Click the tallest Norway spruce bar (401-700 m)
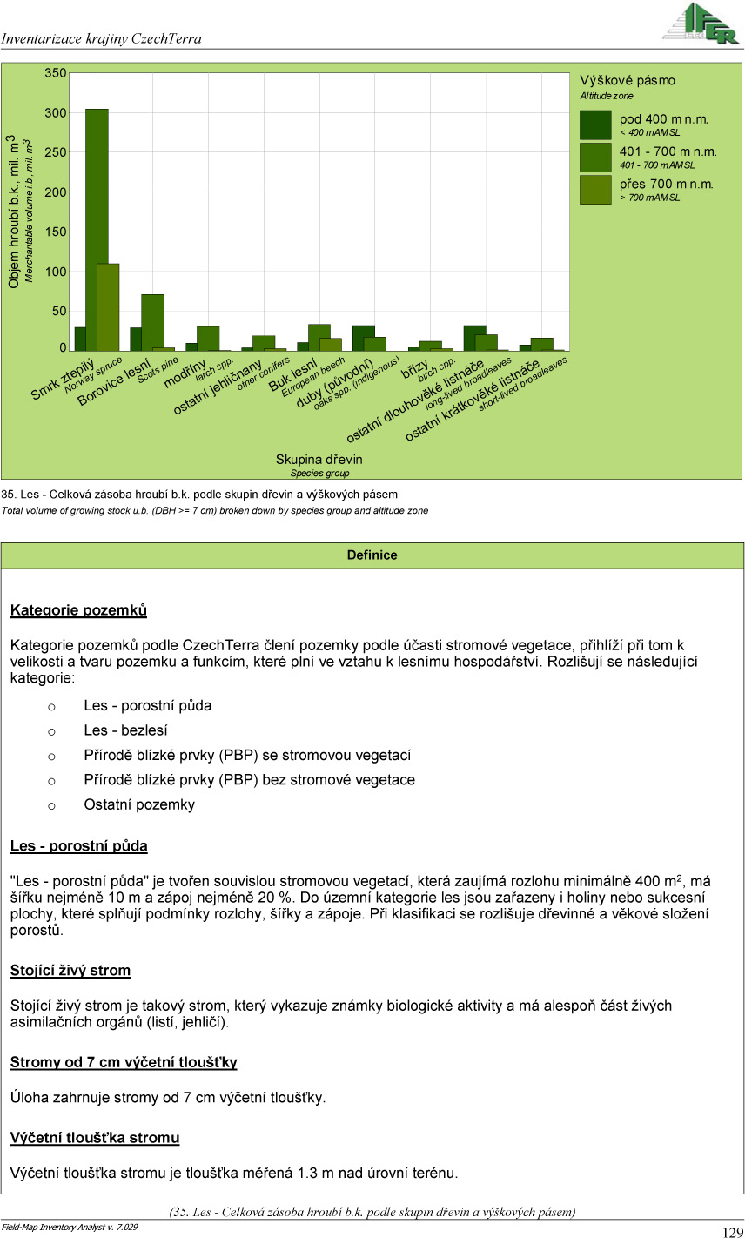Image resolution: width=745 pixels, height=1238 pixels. (97, 231)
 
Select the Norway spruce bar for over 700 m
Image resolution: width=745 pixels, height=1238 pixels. (108, 306)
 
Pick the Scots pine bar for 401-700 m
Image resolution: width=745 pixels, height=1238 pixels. (152, 322)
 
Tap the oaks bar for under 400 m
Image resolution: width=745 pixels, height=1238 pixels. (363, 339)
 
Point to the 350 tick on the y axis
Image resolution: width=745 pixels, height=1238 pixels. (56, 74)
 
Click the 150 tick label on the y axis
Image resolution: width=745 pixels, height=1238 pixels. (56, 232)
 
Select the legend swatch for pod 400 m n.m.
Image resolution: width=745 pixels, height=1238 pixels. (595, 125)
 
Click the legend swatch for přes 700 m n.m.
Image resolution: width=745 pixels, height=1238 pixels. (595, 190)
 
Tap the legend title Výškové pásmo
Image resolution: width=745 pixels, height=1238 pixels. (628, 80)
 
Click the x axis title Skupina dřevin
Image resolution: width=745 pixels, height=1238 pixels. (319, 459)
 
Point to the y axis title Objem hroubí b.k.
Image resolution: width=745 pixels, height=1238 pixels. (14, 212)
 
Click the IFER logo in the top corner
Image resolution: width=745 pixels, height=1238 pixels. (700, 24)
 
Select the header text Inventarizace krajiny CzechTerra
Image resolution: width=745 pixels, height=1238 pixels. (102, 38)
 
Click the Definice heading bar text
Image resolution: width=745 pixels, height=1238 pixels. (372, 555)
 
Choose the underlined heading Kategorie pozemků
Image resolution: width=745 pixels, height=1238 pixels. (78, 610)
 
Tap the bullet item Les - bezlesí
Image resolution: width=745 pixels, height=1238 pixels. (125, 730)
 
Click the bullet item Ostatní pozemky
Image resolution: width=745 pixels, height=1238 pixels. (139, 804)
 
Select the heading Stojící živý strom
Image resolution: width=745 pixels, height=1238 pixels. (70, 970)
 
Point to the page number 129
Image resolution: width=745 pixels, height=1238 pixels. (732, 1231)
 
